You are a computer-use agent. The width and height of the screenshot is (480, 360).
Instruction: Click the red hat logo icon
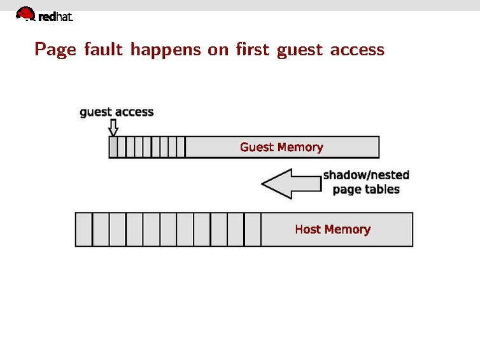pyautogui.click(x=25, y=14)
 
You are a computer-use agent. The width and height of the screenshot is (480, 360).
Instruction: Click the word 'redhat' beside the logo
pyautogui.click(x=56, y=17)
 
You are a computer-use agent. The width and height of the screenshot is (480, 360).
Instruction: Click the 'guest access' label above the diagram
pyautogui.click(x=116, y=112)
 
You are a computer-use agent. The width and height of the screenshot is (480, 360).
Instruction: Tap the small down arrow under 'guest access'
pyautogui.click(x=113, y=128)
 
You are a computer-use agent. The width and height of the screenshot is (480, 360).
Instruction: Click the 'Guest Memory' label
pyautogui.click(x=281, y=147)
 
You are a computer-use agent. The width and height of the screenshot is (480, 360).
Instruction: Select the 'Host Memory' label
pyautogui.click(x=332, y=229)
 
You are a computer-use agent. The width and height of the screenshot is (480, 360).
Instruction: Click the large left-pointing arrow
pyautogui.click(x=290, y=184)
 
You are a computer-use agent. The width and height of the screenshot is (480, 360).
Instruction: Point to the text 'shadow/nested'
pyautogui.click(x=366, y=175)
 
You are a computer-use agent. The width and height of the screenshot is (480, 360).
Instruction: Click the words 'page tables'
pyautogui.click(x=366, y=189)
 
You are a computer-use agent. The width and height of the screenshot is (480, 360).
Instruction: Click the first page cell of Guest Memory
pyautogui.click(x=113, y=147)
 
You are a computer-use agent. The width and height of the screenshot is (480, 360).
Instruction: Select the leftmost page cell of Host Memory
pyautogui.click(x=84, y=229)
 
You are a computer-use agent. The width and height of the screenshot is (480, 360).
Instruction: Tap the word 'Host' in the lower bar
pyautogui.click(x=307, y=229)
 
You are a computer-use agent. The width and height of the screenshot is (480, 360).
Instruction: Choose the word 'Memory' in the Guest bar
pyautogui.click(x=300, y=147)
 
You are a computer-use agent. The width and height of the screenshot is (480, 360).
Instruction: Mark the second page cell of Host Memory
pyautogui.click(x=101, y=229)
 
